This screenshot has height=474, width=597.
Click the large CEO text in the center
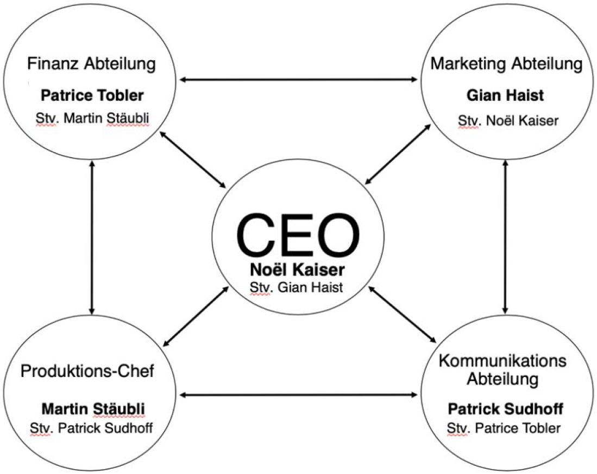(x=298, y=234)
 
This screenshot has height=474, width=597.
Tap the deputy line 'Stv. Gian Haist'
(x=297, y=287)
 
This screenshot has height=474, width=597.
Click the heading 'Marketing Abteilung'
(x=506, y=64)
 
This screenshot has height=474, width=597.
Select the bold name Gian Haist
(x=506, y=96)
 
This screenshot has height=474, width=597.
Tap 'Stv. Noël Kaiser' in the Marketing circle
(x=506, y=120)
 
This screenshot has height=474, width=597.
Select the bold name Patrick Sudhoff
(x=505, y=407)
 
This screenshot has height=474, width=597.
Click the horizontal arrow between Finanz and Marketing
(x=298, y=80)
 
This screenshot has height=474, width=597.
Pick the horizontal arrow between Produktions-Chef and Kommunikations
(x=298, y=395)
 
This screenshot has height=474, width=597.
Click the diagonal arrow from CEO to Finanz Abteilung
(x=194, y=161)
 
